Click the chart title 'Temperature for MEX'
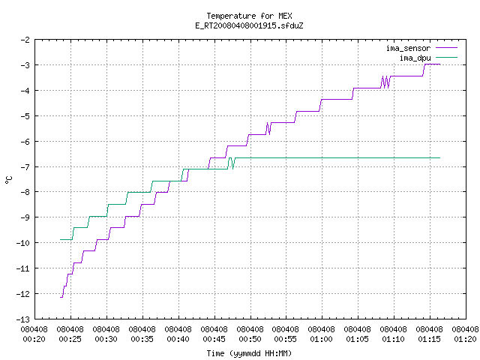(x=249, y=16)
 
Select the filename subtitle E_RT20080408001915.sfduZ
(x=249, y=25)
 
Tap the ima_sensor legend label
(x=408, y=48)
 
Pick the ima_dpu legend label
(x=415, y=58)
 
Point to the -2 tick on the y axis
(x=25, y=40)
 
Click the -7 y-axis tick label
(x=25, y=167)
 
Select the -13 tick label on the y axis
(x=23, y=319)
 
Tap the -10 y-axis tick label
(x=23, y=243)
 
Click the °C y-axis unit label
(x=9, y=180)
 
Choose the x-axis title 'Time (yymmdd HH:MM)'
(x=249, y=353)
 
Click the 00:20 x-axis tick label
(x=34, y=339)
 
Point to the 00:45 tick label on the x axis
(x=214, y=339)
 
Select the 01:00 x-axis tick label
(x=322, y=339)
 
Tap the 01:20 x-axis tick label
(x=465, y=339)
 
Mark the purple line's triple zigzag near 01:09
(x=385, y=82)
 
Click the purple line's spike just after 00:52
(x=268, y=128)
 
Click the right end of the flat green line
(x=440, y=157)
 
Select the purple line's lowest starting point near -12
(x=61, y=297)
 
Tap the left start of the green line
(x=61, y=239)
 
